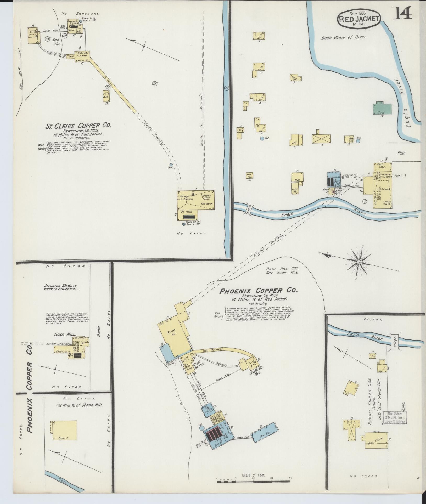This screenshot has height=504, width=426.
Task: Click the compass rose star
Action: (x=359, y=262)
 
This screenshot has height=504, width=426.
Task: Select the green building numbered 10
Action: (x=382, y=109)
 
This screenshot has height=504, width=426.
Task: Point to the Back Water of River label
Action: (x=344, y=38)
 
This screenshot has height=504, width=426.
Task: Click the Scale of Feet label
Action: (x=254, y=467)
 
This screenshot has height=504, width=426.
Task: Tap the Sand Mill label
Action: (x=61, y=334)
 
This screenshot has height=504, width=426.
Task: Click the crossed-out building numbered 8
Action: (x=321, y=139)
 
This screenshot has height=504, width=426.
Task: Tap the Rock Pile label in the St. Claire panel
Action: (x=56, y=42)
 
